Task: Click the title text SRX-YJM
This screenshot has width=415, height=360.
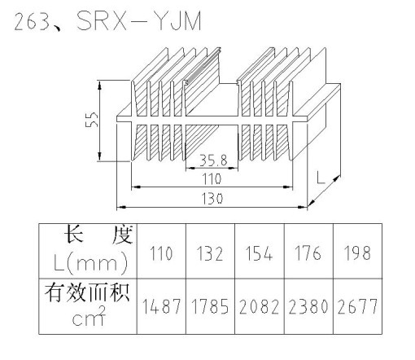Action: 139,20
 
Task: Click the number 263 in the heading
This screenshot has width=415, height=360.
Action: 31,21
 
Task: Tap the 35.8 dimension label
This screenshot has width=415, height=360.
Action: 213,160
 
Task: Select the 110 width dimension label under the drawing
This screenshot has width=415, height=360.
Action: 212,179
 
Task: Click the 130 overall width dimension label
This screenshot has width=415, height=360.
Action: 212,199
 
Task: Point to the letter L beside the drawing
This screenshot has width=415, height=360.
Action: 321,177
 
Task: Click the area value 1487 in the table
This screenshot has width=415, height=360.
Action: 161,306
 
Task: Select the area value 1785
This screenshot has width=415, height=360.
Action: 210,306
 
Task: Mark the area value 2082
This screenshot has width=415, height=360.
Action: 259,306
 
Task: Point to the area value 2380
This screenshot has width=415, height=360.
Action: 308,306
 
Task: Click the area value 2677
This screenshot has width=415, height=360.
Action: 357,306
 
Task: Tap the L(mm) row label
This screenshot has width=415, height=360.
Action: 90,263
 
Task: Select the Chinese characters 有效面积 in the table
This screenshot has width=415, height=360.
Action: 87,293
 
